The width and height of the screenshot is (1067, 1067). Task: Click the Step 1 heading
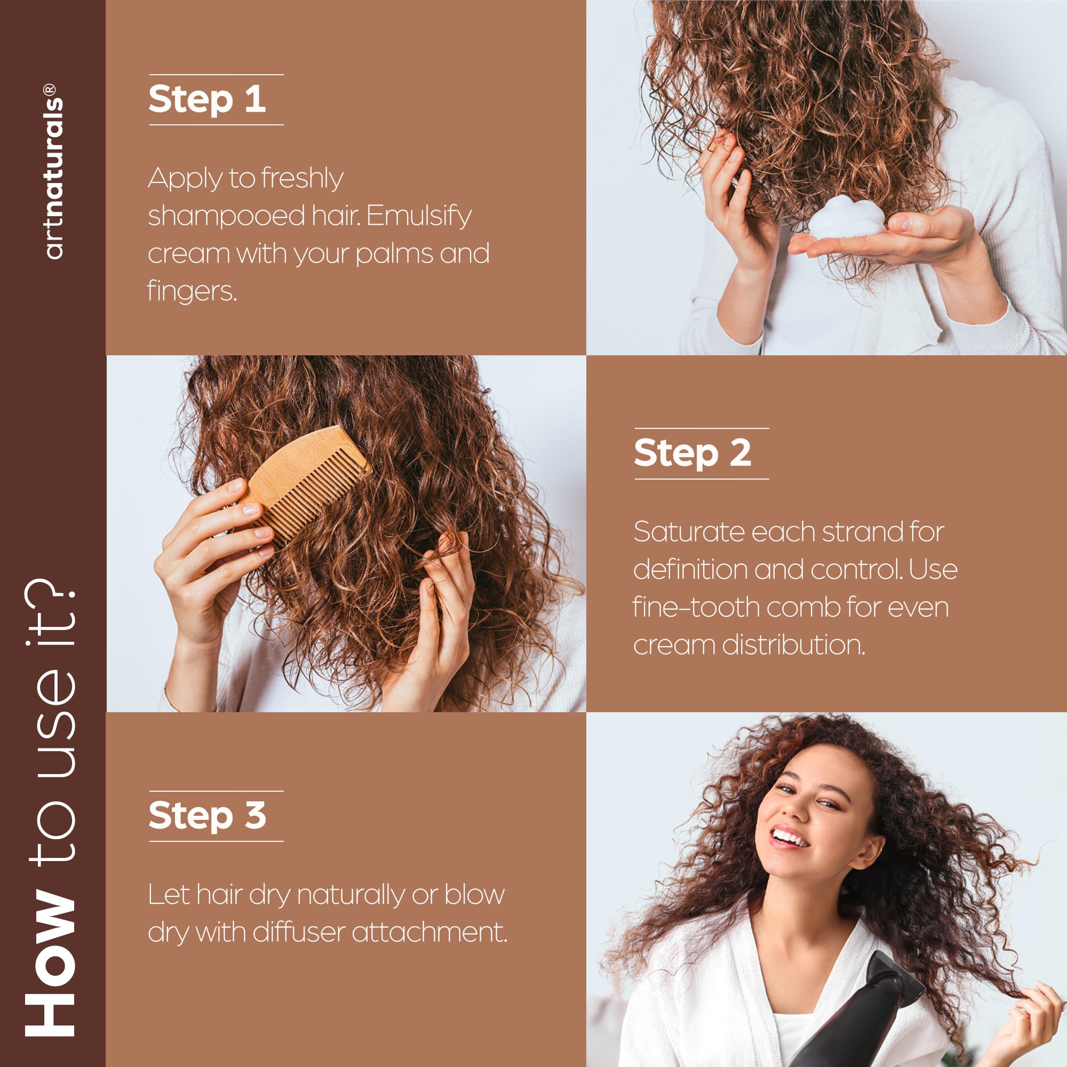coord(207,99)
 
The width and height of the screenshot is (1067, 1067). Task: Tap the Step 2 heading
coord(692,453)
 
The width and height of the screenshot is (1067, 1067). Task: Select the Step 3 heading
coord(207,815)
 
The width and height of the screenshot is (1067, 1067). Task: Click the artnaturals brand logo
coord(53,171)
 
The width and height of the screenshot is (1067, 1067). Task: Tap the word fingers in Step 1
coord(192,291)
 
